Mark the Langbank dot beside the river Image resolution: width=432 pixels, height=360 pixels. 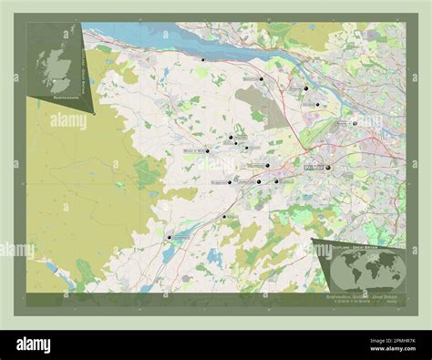click(203, 59)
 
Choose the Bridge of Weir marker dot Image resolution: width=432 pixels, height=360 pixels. click(208, 151)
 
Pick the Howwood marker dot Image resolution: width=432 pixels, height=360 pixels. click(224, 216)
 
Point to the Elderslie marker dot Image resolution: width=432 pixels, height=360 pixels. click(276, 181)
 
